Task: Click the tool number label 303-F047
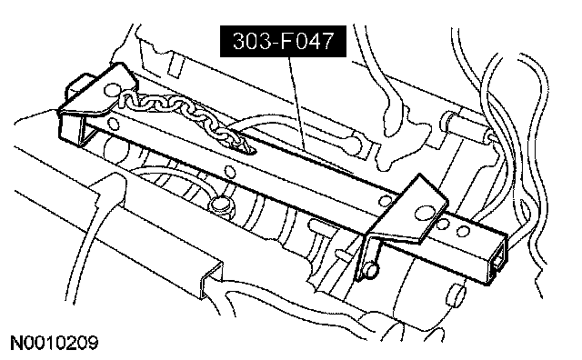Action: [x=283, y=41]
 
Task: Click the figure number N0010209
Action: [x=55, y=343]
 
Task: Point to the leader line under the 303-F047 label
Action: [x=297, y=103]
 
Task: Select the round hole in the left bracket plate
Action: [x=112, y=89]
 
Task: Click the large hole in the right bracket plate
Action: [x=423, y=213]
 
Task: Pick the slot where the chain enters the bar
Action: [x=243, y=146]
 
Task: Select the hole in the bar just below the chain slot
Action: [x=230, y=172]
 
